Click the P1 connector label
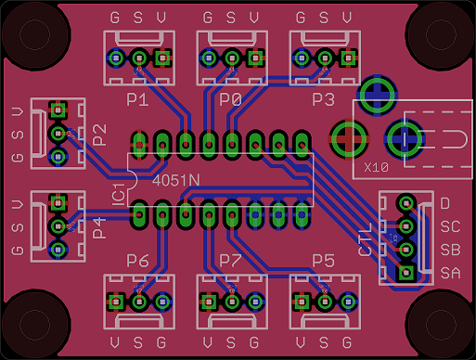(x=137, y=99)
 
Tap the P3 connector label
(x=323, y=99)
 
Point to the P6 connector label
(x=137, y=261)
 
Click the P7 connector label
(x=230, y=261)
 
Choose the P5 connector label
(x=323, y=261)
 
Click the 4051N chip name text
(x=175, y=179)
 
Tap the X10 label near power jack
(x=376, y=168)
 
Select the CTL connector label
(x=365, y=239)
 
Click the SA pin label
(x=450, y=273)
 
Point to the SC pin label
(x=450, y=226)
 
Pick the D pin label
(x=444, y=203)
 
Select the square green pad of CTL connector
(x=405, y=273)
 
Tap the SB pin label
(x=450, y=250)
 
